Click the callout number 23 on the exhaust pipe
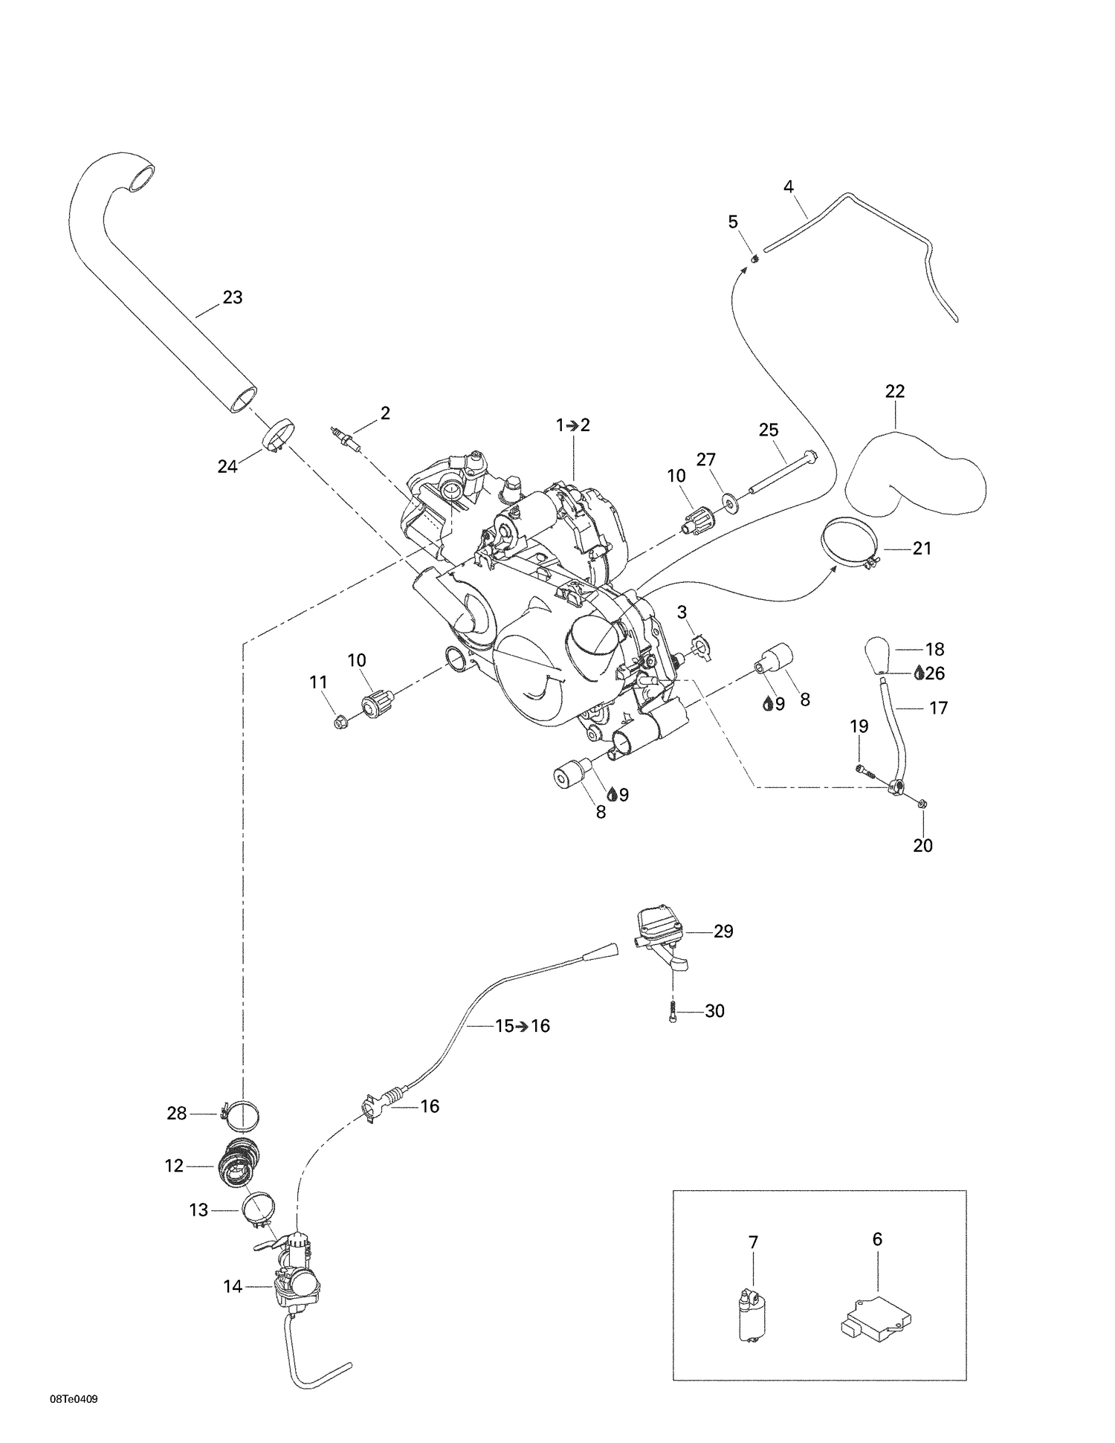pyautogui.click(x=233, y=297)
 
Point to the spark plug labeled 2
pyautogui.click(x=346, y=438)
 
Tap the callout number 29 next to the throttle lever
pyautogui.click(x=723, y=932)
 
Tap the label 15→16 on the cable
pyautogui.click(x=523, y=1026)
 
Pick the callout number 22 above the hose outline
pyautogui.click(x=895, y=391)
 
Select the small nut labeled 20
pyautogui.click(x=922, y=804)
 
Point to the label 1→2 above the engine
pyautogui.click(x=572, y=425)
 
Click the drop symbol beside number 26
pyautogui.click(x=920, y=673)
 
